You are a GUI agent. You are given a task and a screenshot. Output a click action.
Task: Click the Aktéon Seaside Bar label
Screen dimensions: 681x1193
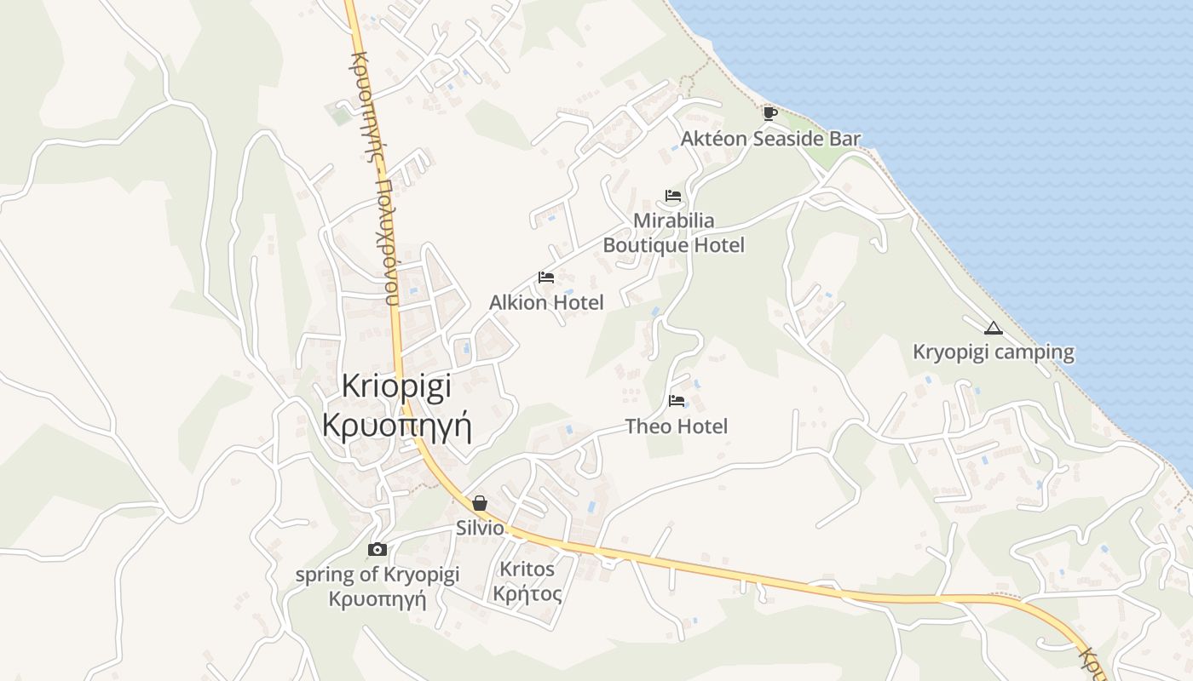[x=770, y=139]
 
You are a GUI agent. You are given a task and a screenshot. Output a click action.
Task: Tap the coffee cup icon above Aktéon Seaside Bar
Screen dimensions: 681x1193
[x=769, y=113]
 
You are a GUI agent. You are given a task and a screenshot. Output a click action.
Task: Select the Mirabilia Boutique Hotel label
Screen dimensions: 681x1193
[x=673, y=232]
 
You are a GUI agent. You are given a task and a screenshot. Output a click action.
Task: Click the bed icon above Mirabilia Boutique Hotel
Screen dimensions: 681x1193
[x=673, y=197]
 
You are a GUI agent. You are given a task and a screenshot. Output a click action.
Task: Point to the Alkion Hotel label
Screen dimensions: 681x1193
[x=546, y=302]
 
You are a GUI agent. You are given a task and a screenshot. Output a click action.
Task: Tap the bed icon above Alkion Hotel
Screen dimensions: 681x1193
[x=546, y=278]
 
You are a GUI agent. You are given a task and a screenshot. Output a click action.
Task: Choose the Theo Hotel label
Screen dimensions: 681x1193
[x=677, y=426]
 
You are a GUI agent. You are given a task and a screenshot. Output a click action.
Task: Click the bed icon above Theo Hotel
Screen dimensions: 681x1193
[x=677, y=400]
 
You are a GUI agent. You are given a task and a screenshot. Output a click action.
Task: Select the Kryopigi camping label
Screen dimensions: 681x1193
[x=994, y=352]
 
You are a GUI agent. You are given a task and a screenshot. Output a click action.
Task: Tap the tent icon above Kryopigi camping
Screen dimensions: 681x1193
[x=993, y=328]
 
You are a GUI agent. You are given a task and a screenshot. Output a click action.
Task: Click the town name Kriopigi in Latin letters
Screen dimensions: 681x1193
[x=396, y=385]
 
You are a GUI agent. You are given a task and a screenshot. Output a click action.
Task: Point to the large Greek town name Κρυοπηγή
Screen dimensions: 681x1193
[x=397, y=423]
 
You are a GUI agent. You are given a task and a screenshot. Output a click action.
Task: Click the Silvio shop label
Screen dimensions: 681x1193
[x=481, y=528]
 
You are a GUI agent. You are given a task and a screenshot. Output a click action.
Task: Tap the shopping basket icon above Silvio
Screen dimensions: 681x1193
[x=480, y=503]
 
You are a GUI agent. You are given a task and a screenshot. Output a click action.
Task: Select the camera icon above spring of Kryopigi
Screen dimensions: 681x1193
[x=377, y=550]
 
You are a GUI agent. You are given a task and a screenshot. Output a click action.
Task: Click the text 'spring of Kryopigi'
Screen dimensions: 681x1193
[x=377, y=575]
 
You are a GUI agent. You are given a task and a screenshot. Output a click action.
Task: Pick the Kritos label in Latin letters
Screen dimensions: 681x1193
[x=527, y=569]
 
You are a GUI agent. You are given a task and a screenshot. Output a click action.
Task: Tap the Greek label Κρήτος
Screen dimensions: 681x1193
[x=527, y=593]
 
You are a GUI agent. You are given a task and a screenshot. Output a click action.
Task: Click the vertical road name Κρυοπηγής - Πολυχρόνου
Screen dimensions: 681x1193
[x=375, y=179]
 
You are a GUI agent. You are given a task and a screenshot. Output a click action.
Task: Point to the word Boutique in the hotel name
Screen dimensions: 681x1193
[x=644, y=245]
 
